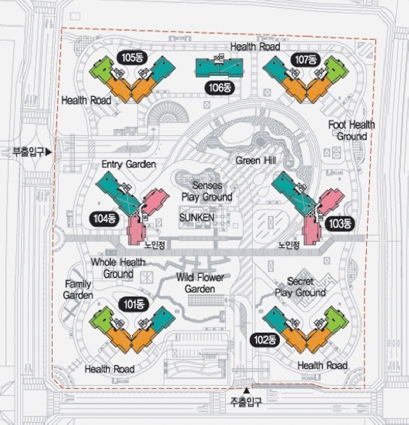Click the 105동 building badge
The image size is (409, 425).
pyautogui.click(x=132, y=58)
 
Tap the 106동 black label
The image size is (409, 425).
pyautogui.click(x=220, y=88)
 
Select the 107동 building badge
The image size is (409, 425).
pyautogui.click(x=305, y=59)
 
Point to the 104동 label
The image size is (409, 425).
pyautogui.click(x=104, y=219)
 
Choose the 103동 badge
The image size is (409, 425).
pyautogui.click(x=340, y=224)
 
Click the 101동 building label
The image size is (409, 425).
pyautogui.click(x=134, y=304)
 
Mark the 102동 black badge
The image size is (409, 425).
pyautogui.click(x=265, y=340)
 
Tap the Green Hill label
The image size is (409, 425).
pyautogui.click(x=256, y=161)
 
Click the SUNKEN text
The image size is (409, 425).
pyautogui.click(x=197, y=217)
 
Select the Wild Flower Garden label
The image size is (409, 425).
pyautogui.click(x=200, y=283)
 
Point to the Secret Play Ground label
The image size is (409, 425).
pyautogui.click(x=300, y=287)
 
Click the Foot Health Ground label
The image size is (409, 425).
pyautogui.click(x=351, y=131)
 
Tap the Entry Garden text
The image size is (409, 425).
pyautogui.click(x=129, y=164)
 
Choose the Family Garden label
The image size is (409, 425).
pyautogui.click(x=78, y=290)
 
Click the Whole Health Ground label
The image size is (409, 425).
pyautogui.click(x=118, y=268)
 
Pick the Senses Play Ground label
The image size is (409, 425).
pyautogui.click(x=207, y=191)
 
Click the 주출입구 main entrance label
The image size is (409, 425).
pyautogui.click(x=246, y=402)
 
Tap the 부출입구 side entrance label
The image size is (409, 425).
pyautogui.click(x=29, y=152)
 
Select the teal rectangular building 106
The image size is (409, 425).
pyautogui.click(x=219, y=68)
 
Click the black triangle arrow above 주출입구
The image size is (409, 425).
pyautogui.click(x=246, y=390)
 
